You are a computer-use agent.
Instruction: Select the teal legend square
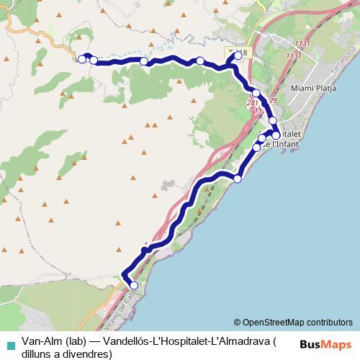coord(9,344)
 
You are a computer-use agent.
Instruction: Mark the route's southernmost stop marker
coord(133,286)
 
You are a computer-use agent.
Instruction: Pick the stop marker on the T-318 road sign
coord(238,55)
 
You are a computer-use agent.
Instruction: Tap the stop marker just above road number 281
coord(256,93)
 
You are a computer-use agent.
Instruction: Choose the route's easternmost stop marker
coord(276,135)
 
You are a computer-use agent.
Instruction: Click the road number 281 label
coord(252,104)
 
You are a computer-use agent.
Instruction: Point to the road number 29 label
coord(272,101)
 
